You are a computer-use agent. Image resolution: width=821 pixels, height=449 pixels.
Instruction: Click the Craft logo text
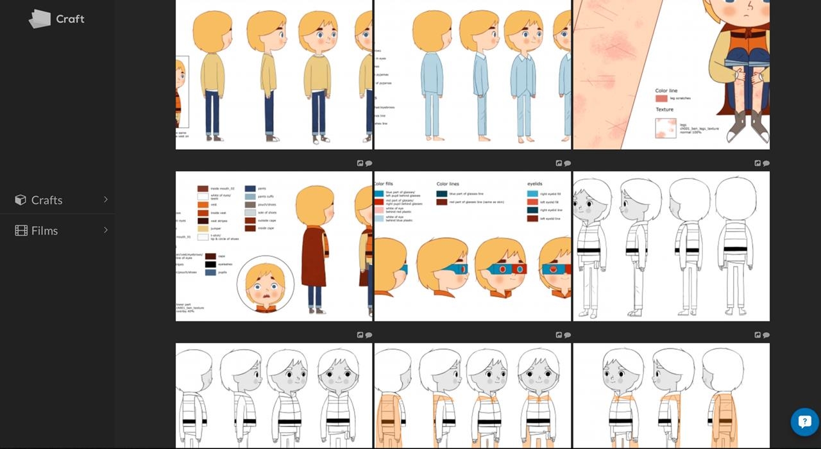click(70, 19)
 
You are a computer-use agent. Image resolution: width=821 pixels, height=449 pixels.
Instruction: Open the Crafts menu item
click(47, 200)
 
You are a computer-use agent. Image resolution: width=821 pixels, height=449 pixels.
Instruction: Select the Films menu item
click(44, 231)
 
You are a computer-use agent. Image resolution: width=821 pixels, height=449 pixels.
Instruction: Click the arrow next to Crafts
click(106, 200)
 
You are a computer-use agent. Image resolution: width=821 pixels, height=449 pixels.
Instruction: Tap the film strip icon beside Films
click(21, 231)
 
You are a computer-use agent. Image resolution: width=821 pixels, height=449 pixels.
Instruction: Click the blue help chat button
click(804, 422)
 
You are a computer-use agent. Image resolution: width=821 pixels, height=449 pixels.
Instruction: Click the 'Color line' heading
click(666, 91)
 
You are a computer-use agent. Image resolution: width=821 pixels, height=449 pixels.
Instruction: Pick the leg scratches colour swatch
click(661, 99)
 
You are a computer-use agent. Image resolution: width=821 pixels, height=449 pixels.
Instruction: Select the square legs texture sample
click(664, 128)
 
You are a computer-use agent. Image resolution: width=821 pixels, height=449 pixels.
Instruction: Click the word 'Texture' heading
click(664, 110)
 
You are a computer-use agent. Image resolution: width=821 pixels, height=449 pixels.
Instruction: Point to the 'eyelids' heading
click(535, 184)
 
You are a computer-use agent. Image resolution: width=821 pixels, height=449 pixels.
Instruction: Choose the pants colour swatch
click(250, 189)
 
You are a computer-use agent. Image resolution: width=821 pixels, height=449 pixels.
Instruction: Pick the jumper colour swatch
click(203, 229)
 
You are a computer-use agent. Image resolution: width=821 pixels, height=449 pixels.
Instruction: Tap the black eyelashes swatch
click(210, 264)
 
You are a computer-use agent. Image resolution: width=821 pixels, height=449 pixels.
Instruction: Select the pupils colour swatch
click(210, 272)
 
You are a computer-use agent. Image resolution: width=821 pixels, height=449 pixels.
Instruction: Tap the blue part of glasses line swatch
click(442, 193)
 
